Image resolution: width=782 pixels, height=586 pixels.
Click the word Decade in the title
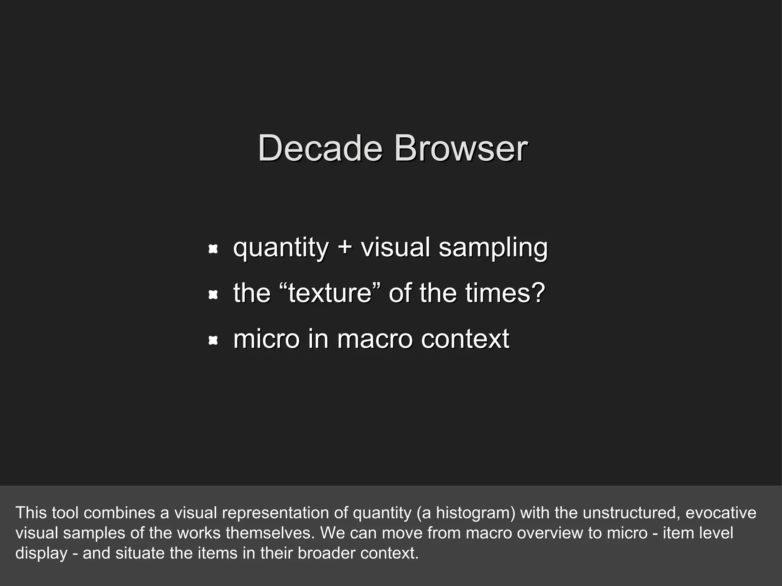point(320,149)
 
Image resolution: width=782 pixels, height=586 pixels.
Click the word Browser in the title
point(461,149)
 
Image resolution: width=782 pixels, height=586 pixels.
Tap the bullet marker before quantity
point(213,250)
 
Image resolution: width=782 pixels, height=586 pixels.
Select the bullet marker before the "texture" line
point(213,295)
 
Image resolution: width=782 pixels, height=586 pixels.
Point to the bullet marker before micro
point(213,340)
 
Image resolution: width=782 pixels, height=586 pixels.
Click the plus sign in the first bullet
point(344,247)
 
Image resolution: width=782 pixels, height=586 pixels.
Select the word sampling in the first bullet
point(493,248)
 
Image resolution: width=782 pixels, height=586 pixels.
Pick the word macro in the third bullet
point(375,339)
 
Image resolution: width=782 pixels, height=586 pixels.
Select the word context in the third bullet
point(465,339)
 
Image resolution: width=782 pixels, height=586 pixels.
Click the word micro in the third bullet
point(266,339)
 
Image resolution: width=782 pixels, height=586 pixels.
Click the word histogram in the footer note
point(475,513)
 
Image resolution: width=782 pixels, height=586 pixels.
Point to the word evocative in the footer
point(721,512)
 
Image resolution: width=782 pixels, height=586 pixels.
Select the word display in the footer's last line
point(41,553)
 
